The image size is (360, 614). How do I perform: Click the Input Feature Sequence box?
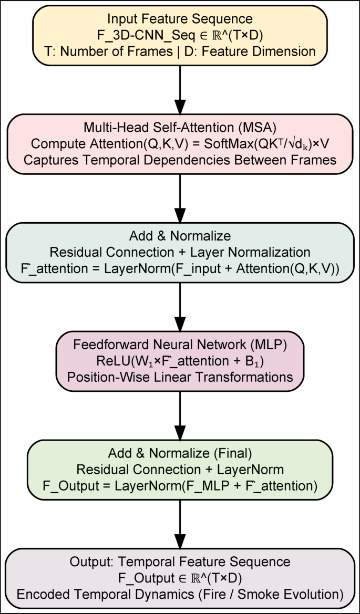[x=180, y=35]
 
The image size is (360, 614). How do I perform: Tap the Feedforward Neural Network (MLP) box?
[x=180, y=361]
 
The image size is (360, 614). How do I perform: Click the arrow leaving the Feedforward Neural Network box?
[x=180, y=415]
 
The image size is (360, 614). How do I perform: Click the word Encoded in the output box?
[x=38, y=595]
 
